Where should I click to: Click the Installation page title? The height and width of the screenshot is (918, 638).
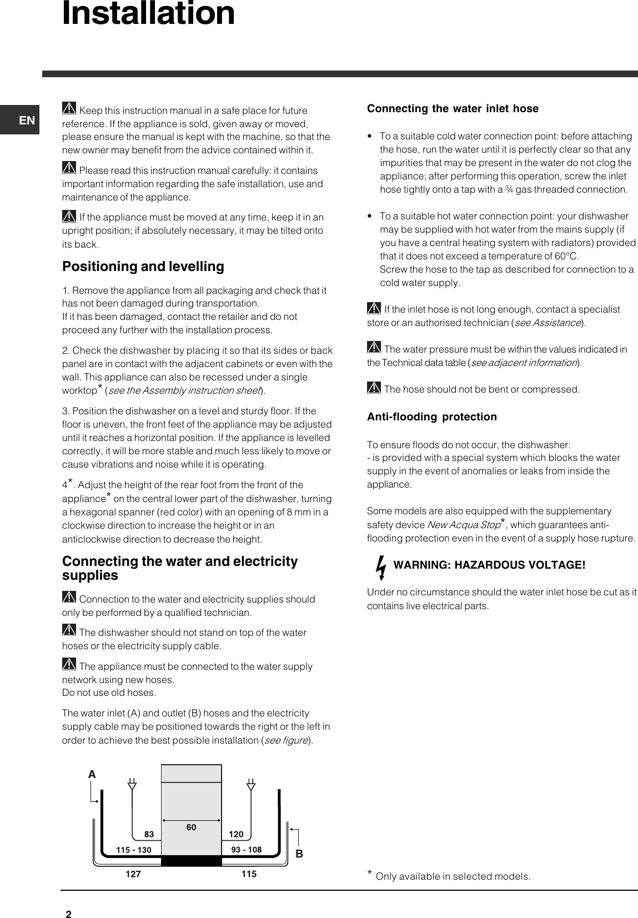pyautogui.click(x=148, y=14)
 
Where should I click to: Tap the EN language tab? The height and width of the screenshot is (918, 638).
pyautogui.click(x=27, y=120)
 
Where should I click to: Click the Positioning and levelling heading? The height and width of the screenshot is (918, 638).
pyautogui.click(x=143, y=267)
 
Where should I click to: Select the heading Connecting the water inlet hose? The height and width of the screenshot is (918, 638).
pyautogui.click(x=453, y=109)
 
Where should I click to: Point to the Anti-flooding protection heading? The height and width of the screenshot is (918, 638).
pyautogui.click(x=432, y=417)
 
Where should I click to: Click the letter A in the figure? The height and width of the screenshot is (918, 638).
pyautogui.click(x=92, y=774)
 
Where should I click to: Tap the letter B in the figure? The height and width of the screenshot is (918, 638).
pyautogui.click(x=299, y=854)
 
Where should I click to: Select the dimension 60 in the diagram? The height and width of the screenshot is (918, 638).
pyautogui.click(x=191, y=827)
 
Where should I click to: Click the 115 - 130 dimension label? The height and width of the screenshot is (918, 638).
pyautogui.click(x=133, y=850)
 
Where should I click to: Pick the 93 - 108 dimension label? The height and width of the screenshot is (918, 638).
pyautogui.click(x=246, y=849)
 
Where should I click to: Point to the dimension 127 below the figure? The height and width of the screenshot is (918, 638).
pyautogui.click(x=133, y=874)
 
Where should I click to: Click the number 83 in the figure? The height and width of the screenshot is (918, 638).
pyautogui.click(x=149, y=834)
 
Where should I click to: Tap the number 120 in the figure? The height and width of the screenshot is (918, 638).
pyautogui.click(x=236, y=834)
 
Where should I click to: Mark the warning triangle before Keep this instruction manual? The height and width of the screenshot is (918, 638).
pyautogui.click(x=69, y=109)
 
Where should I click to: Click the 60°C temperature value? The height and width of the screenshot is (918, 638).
pyautogui.click(x=566, y=256)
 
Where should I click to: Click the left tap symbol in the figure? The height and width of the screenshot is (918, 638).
pyautogui.click(x=132, y=785)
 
